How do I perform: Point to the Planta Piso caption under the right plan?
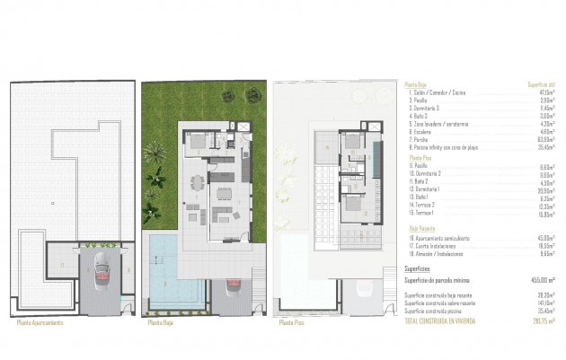[292, 320]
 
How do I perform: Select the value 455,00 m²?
[538, 280]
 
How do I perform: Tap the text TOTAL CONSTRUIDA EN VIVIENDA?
[444, 320]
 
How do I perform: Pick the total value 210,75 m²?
[540, 320]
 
